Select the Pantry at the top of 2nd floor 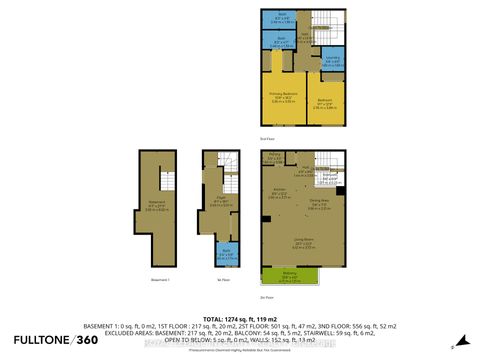click(x=274, y=156)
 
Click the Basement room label click(x=153, y=207)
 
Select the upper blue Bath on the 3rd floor click(x=282, y=18)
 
